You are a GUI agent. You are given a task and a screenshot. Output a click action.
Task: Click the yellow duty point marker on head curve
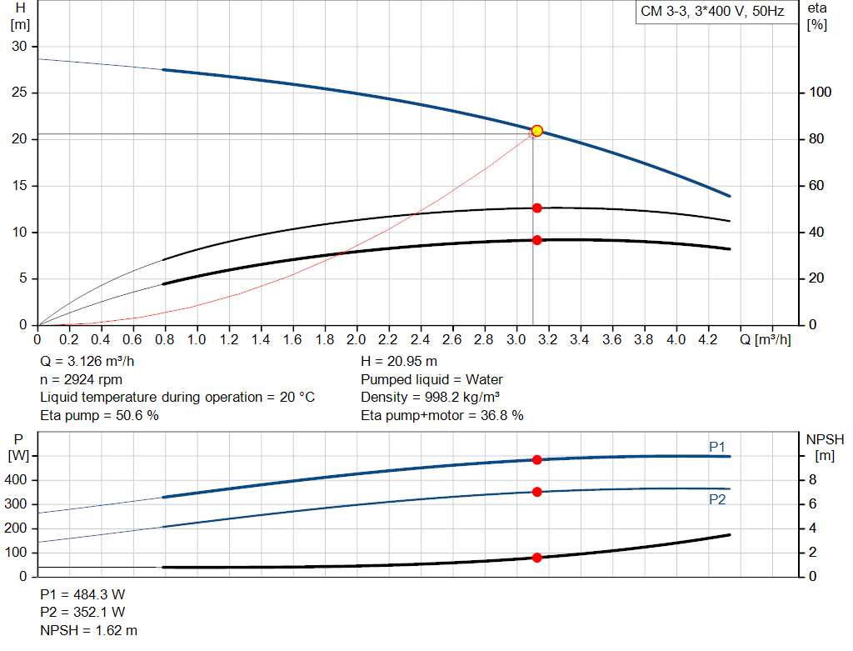[537, 131]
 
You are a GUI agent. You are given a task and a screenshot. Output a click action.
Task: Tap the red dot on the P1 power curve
[537, 459]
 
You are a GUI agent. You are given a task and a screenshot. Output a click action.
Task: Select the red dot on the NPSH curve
[537, 558]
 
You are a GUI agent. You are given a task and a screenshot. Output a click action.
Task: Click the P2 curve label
[717, 500]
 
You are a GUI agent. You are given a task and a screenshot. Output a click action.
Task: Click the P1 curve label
[717, 448]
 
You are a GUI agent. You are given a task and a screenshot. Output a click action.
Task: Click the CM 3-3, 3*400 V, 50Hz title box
[711, 13]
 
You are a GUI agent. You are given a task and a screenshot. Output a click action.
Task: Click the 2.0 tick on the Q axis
[357, 340]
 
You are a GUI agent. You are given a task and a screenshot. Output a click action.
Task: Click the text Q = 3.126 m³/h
[87, 362]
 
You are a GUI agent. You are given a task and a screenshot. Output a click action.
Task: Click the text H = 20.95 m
[399, 362]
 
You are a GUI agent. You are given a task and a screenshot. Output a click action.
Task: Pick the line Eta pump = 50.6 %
[99, 415]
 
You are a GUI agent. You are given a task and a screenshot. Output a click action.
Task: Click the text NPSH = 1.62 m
[89, 630]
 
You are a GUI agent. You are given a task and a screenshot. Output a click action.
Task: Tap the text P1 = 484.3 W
[82, 594]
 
